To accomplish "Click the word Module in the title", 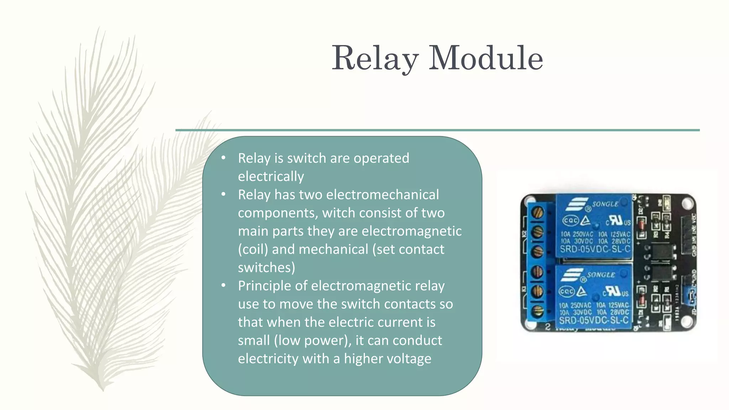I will point(486,58).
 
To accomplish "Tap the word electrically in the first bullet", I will point(271,177).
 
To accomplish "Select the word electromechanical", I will point(383,195).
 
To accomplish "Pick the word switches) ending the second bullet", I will point(266,268).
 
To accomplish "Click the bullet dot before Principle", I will point(224,285).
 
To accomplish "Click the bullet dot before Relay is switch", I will point(224,158).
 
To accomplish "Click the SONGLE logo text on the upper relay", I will point(605,204).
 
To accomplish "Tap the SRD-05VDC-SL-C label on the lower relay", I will point(594,320).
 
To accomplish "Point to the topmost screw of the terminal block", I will point(537,213).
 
